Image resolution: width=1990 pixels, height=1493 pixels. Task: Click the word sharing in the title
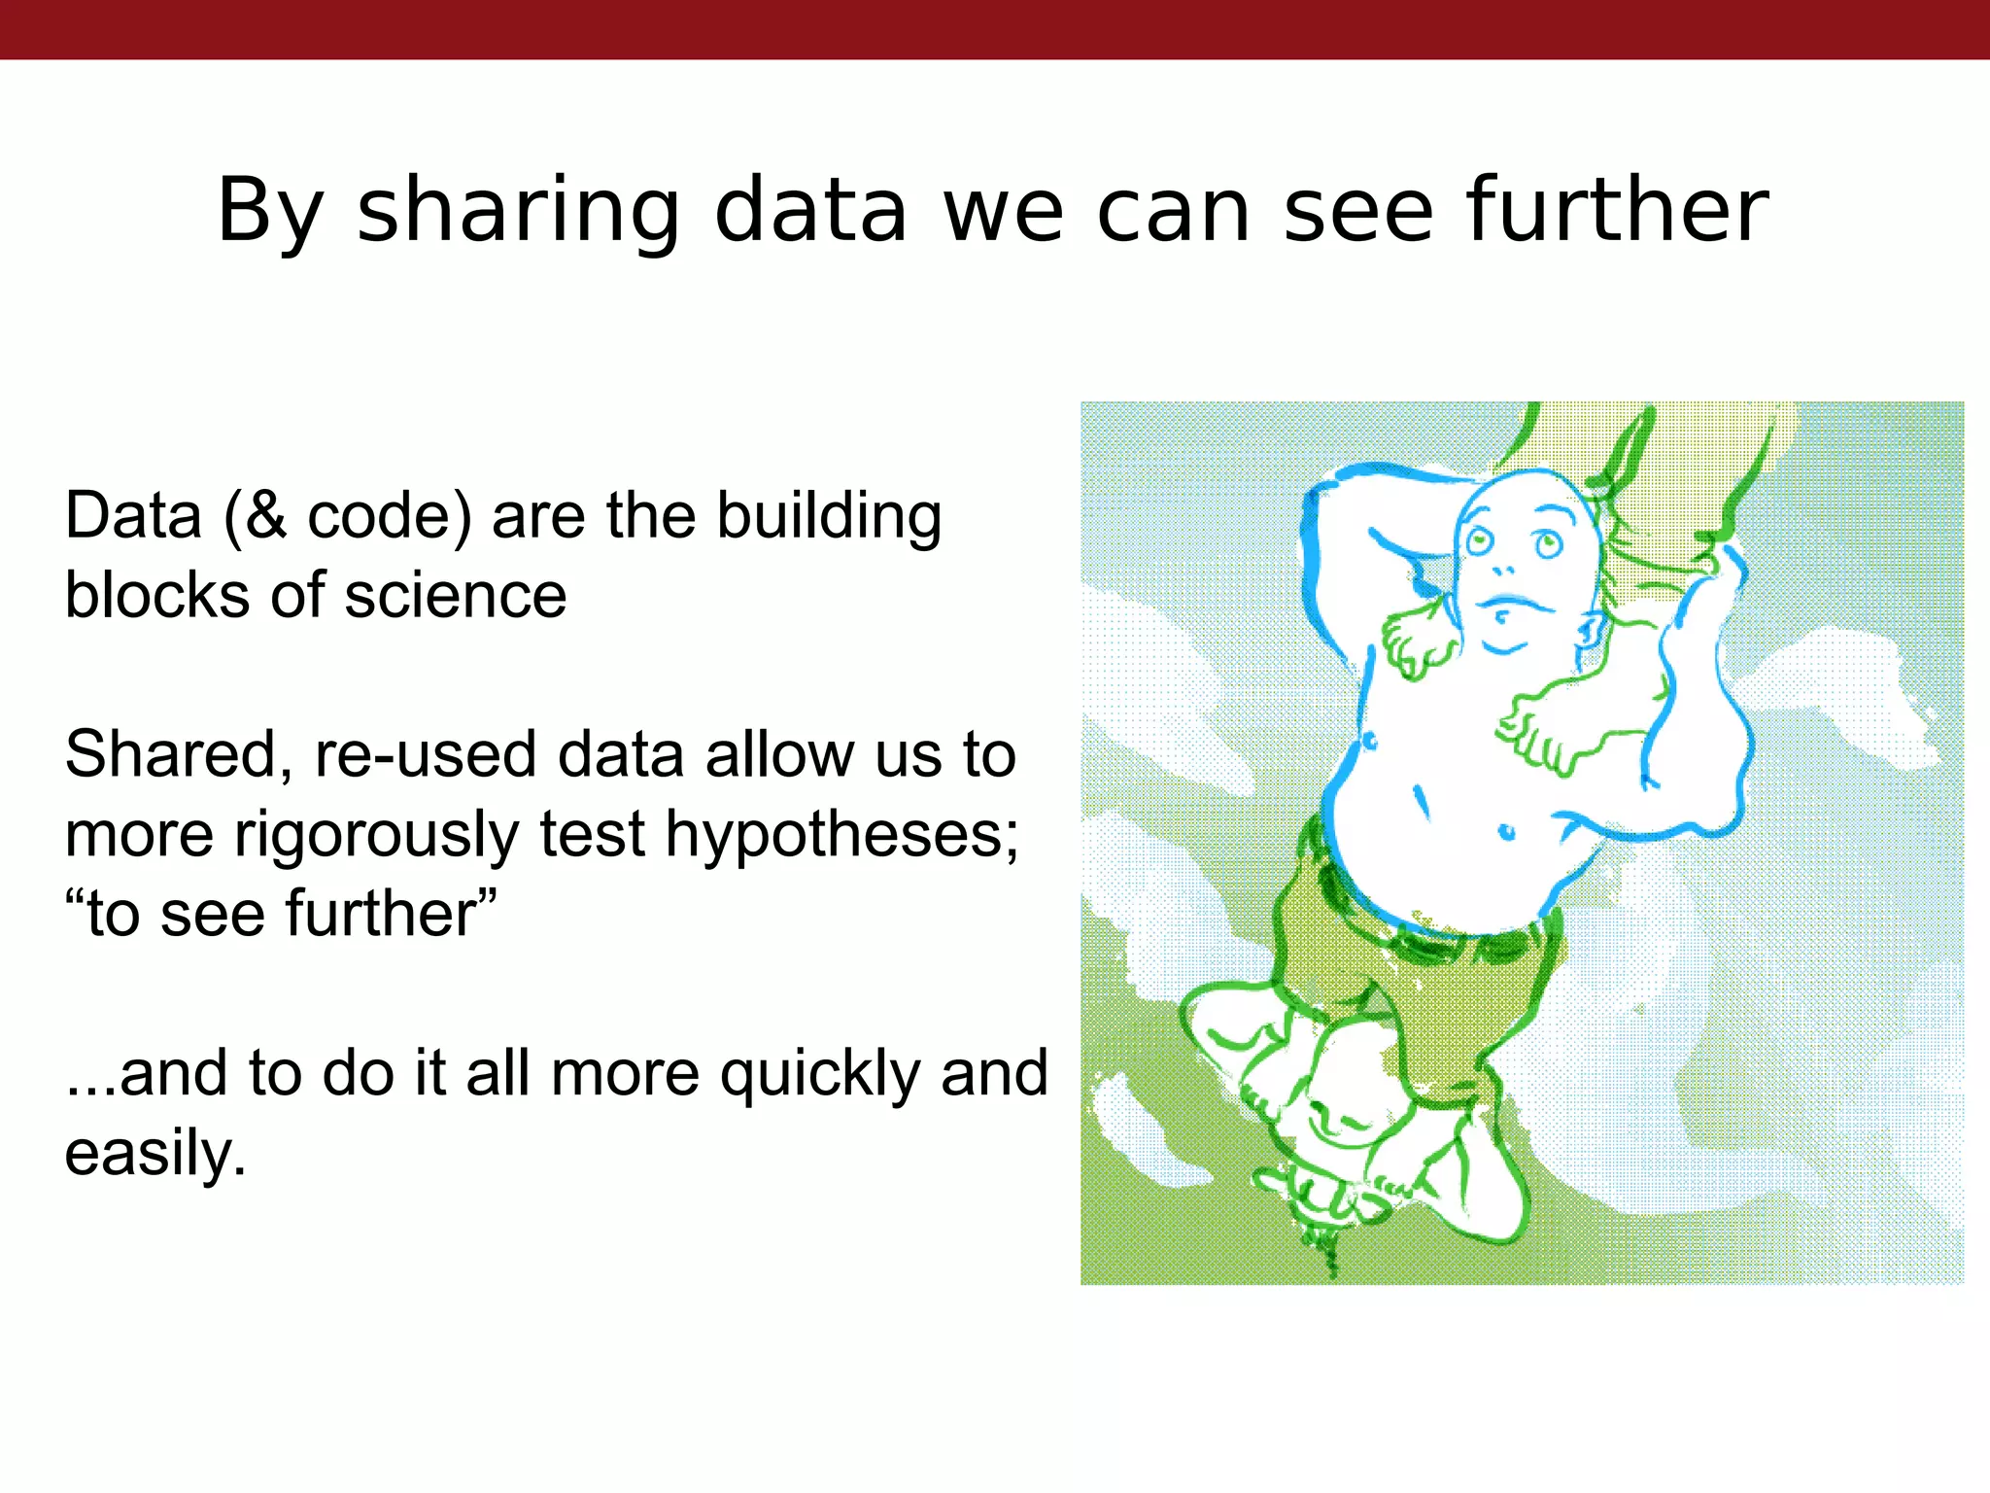point(519,211)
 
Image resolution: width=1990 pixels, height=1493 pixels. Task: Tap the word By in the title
point(269,211)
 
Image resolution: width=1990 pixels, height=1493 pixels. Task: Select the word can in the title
point(1174,211)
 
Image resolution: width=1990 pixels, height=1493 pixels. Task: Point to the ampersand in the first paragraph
point(265,515)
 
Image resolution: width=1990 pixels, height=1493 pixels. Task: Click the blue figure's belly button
point(1507,832)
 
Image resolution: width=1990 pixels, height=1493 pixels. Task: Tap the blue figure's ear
point(1590,631)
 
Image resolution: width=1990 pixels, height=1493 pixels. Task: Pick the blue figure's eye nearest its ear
point(1547,542)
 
